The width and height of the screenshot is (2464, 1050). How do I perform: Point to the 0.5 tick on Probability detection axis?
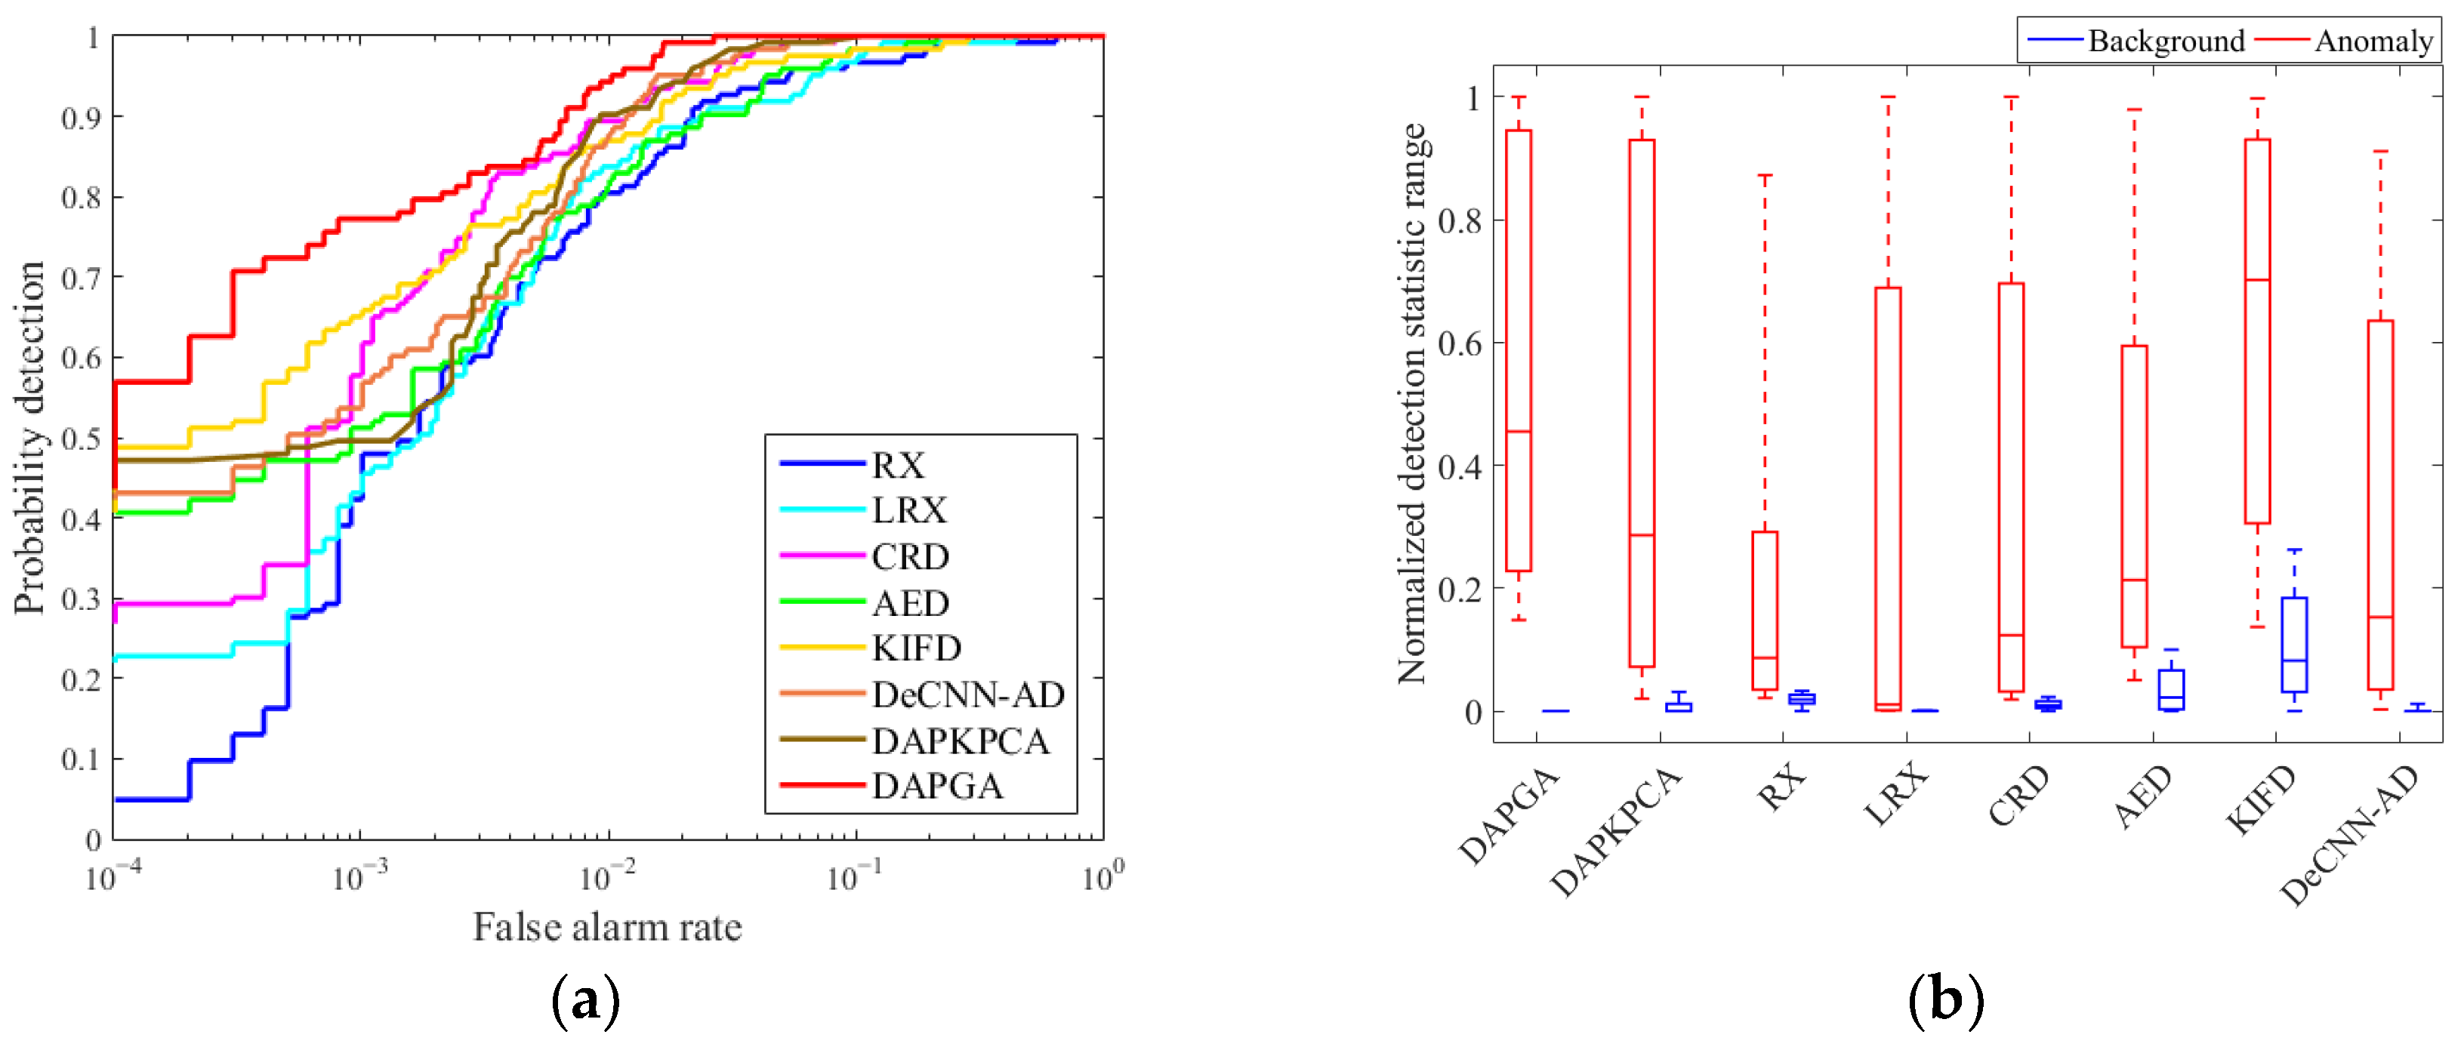tap(82, 439)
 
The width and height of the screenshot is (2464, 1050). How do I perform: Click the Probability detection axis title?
tap(29, 438)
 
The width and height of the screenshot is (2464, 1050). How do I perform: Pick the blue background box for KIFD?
tap(2294, 645)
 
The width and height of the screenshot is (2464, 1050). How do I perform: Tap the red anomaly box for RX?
tap(1765, 610)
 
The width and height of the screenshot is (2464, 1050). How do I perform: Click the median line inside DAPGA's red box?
tap(1519, 431)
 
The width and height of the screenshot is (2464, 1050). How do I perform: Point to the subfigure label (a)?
tap(586, 1001)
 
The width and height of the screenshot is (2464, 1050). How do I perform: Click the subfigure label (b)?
tap(1945, 1001)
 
